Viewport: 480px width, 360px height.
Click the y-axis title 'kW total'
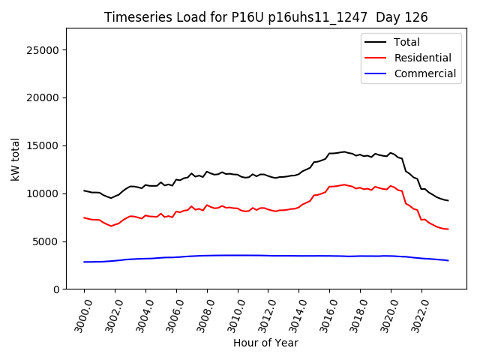pyautogui.click(x=16, y=159)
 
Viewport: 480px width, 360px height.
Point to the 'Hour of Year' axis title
pyautogui.click(x=265, y=343)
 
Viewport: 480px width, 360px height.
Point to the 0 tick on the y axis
pyautogui.click(x=56, y=289)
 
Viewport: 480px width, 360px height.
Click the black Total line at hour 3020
pyautogui.click(x=391, y=152)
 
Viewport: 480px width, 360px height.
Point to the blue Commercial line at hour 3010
pyautogui.click(x=238, y=255)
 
